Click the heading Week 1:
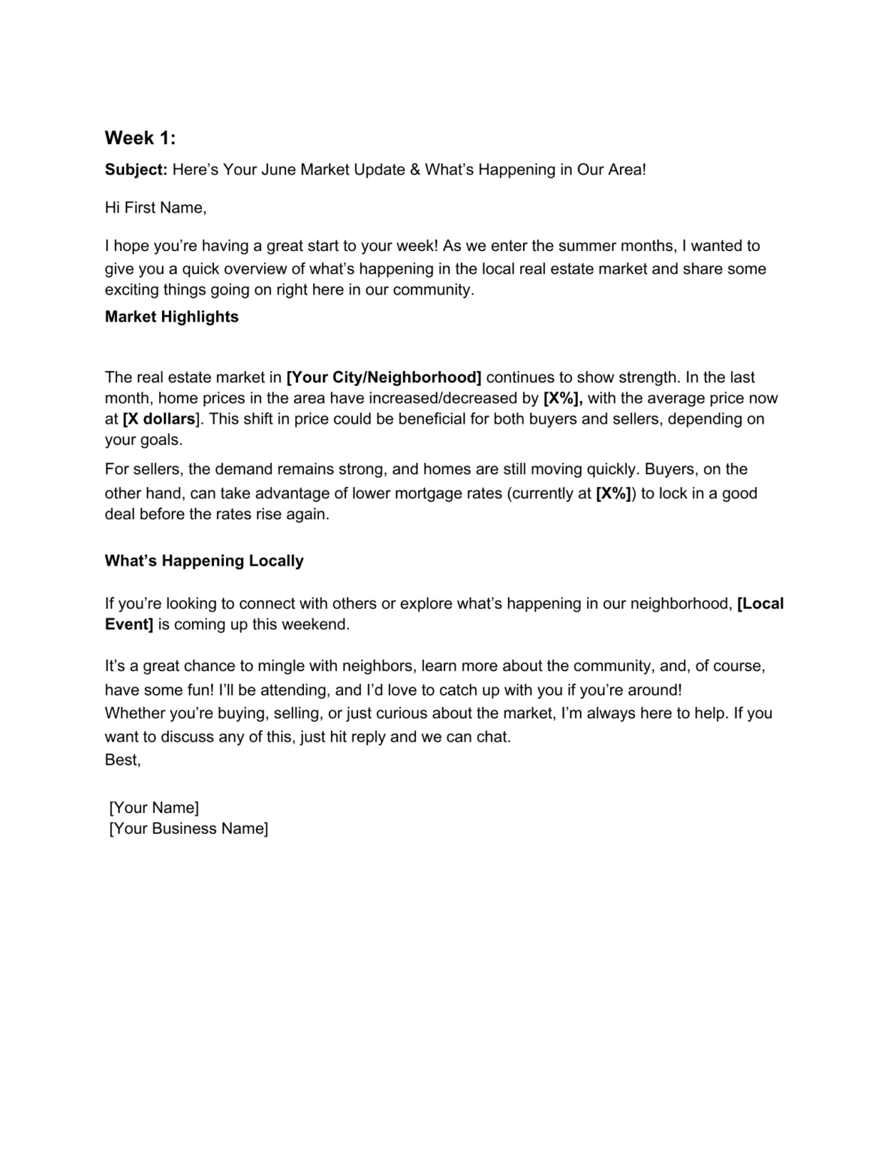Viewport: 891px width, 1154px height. [140, 138]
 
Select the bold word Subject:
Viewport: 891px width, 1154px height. [136, 170]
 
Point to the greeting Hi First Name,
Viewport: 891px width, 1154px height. [155, 208]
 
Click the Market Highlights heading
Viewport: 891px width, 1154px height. [172, 317]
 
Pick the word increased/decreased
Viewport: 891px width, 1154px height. [442, 398]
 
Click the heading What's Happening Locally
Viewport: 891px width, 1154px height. [204, 561]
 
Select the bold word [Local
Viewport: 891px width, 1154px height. [760, 603]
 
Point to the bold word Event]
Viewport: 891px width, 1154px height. [128, 624]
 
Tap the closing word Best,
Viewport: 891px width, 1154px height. [122, 760]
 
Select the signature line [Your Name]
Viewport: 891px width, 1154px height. [154, 808]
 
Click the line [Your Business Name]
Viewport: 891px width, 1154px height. [188, 829]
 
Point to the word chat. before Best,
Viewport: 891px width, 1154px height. [493, 737]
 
